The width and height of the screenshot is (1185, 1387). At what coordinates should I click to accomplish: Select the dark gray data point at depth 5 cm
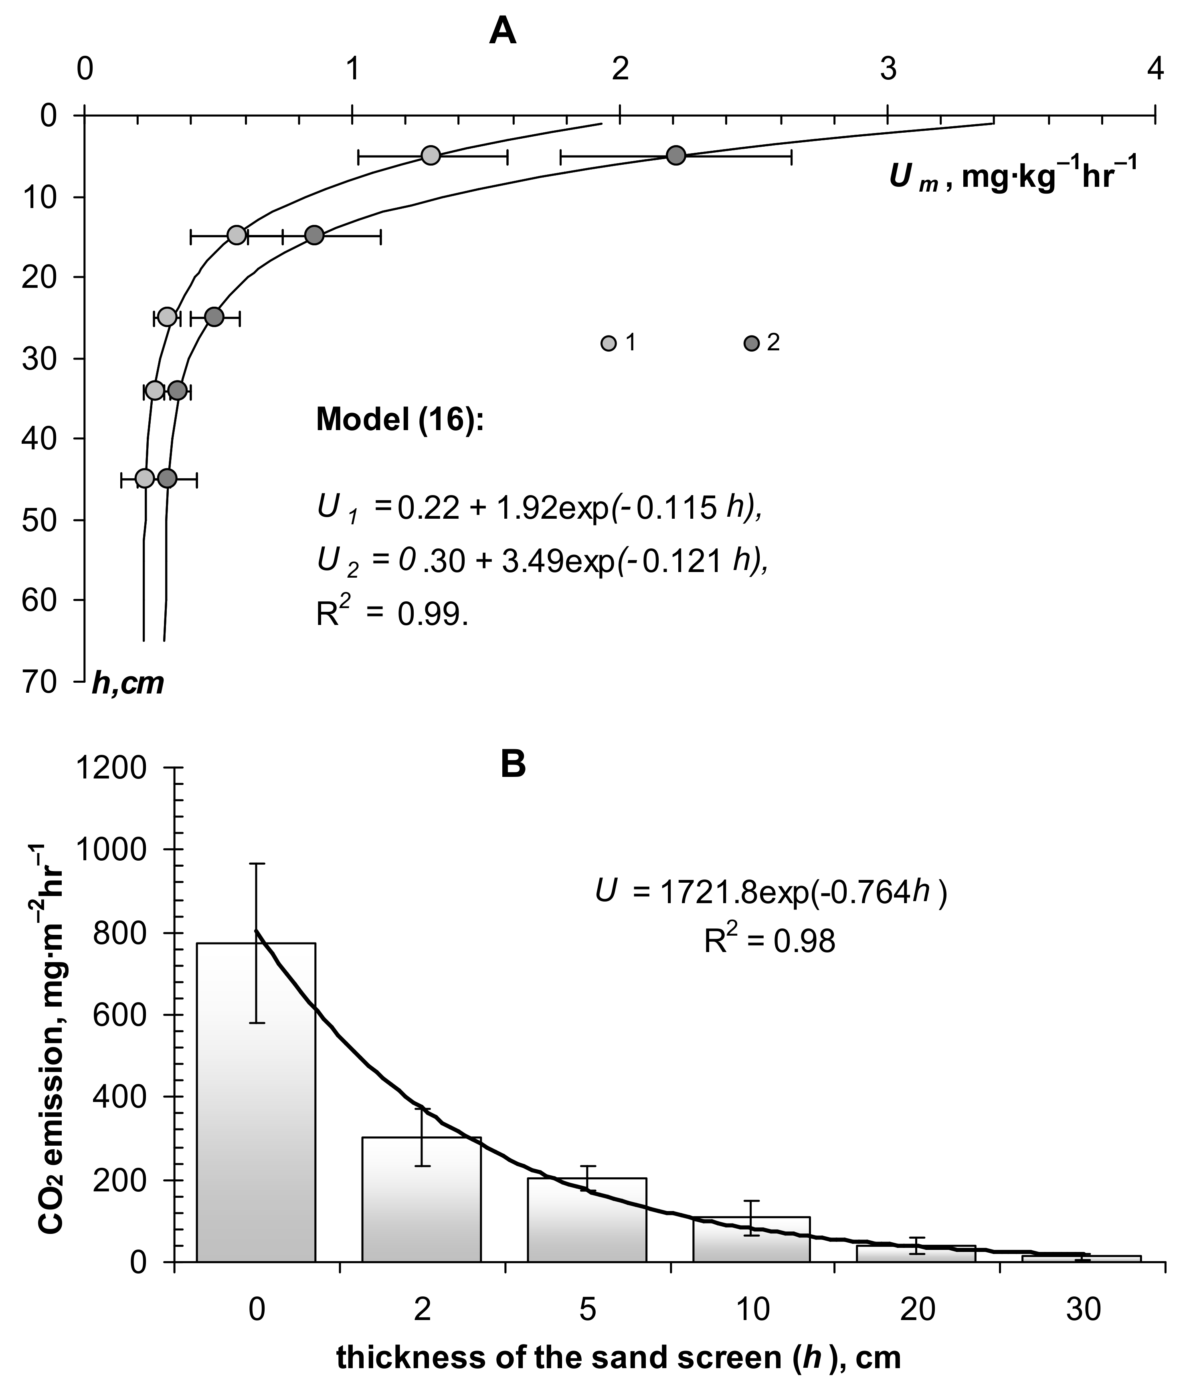(676, 155)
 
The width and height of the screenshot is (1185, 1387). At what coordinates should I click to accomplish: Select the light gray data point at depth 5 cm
(431, 155)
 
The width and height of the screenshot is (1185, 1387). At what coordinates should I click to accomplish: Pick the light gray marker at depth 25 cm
(168, 317)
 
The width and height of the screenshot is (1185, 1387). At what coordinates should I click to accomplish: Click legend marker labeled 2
(751, 344)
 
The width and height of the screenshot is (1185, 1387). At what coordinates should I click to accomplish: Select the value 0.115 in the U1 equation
(676, 510)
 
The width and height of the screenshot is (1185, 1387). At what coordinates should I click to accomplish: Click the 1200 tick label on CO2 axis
(111, 768)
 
